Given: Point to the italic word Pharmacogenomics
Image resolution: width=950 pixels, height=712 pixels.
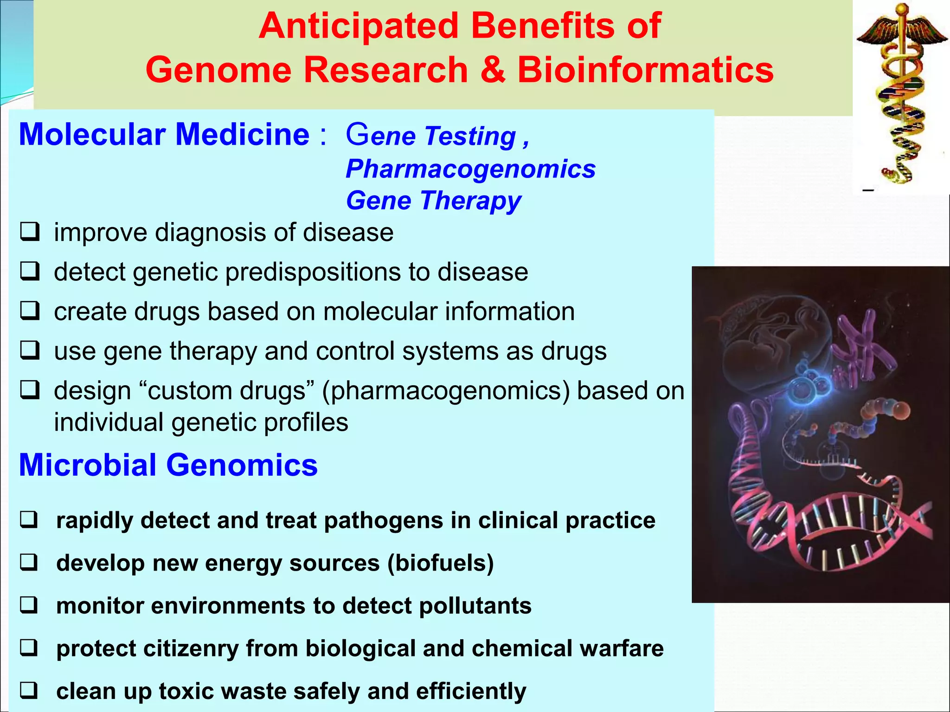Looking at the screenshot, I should click(x=470, y=169).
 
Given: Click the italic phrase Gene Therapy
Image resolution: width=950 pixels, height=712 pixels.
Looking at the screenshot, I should click(x=433, y=201).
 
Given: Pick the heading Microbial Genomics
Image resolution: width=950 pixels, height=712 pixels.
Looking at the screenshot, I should click(x=168, y=465).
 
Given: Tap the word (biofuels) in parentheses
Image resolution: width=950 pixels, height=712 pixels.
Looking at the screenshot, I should click(x=440, y=563).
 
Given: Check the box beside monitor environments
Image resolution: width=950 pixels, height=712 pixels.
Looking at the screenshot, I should click(x=29, y=605).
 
